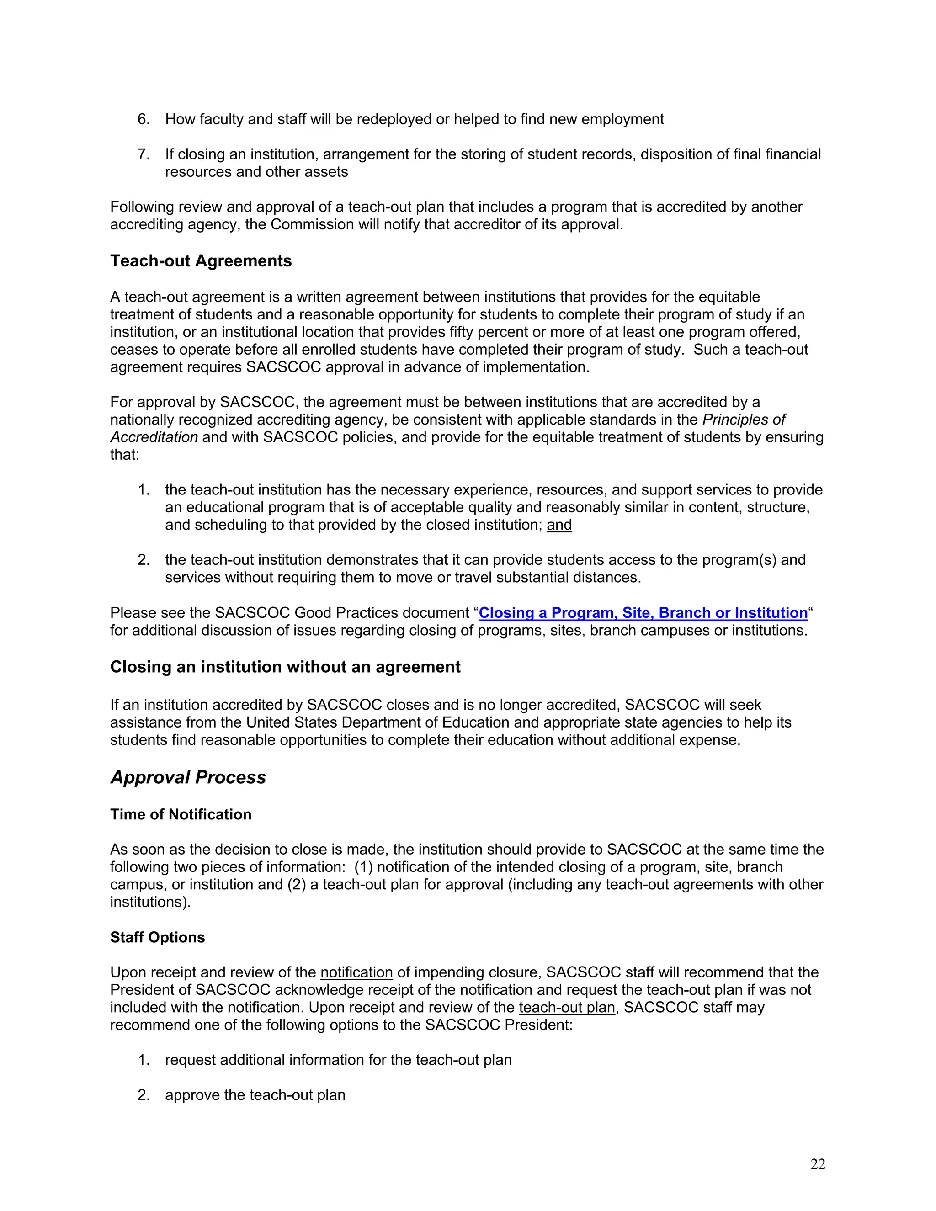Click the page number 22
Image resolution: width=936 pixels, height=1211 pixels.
[x=817, y=1164]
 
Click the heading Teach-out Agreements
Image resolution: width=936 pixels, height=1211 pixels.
[x=201, y=260]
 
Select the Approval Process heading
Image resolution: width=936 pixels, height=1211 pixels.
[x=188, y=777]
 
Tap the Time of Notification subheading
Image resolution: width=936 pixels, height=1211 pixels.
[x=181, y=814]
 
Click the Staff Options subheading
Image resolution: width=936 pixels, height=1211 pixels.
[x=158, y=937]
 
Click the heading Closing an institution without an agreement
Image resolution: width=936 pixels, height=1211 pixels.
[x=285, y=666]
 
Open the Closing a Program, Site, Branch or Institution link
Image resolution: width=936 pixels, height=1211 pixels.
[x=643, y=613]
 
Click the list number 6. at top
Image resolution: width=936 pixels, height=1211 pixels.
[x=144, y=119]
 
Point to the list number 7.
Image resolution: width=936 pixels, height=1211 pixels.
[x=144, y=154]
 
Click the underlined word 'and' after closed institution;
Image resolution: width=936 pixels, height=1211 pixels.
[x=559, y=525]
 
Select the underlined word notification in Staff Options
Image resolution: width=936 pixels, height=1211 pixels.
[x=356, y=972]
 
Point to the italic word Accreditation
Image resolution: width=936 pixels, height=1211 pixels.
[x=154, y=437]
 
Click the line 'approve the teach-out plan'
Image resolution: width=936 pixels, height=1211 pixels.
[x=255, y=1094]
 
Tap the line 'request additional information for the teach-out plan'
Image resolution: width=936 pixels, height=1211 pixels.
[x=338, y=1060]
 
